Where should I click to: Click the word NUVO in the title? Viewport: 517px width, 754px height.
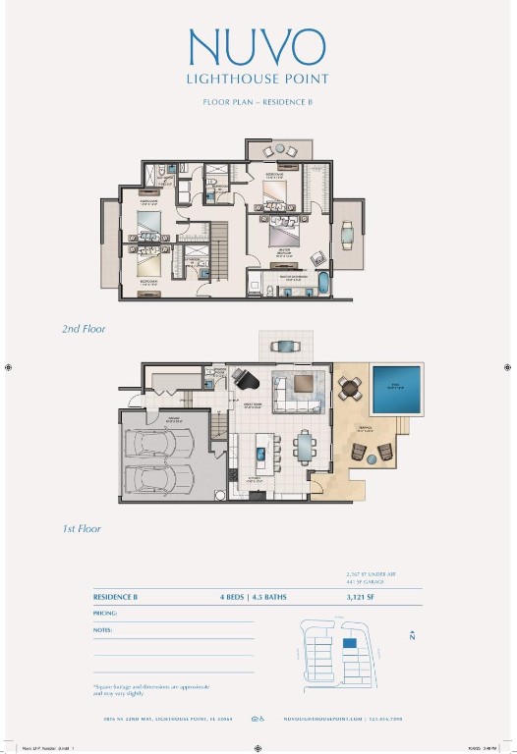click(258, 46)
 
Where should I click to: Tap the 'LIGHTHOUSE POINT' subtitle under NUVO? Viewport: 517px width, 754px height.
click(258, 78)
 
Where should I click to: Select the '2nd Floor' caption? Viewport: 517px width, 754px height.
click(84, 330)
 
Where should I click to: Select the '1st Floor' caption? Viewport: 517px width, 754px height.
click(82, 528)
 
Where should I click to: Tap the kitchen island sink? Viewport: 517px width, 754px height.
click(259, 455)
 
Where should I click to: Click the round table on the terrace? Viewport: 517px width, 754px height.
click(350, 389)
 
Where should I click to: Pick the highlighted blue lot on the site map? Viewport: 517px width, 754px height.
click(349, 643)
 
